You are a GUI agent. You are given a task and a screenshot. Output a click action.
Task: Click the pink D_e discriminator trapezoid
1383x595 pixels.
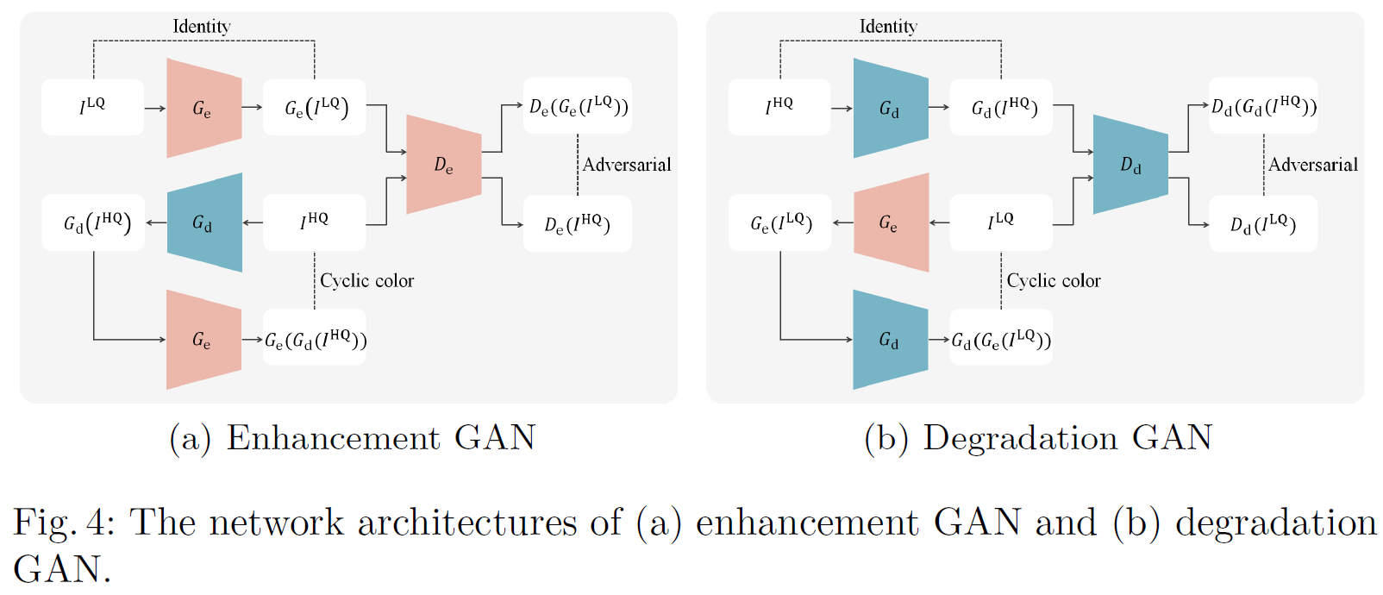(x=443, y=164)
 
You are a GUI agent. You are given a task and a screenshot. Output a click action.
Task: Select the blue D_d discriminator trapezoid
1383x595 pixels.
(x=1130, y=164)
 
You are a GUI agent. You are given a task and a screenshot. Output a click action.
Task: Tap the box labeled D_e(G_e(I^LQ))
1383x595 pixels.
(x=578, y=106)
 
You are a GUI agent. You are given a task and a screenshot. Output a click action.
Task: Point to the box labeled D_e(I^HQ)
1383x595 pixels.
(x=578, y=224)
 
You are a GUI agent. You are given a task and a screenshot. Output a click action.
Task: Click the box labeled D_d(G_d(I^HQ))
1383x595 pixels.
(x=1263, y=106)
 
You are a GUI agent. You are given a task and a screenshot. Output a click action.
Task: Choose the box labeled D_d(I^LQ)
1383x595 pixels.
(x=1263, y=224)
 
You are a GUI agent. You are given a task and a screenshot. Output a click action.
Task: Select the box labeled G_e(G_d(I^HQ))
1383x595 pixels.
(x=315, y=339)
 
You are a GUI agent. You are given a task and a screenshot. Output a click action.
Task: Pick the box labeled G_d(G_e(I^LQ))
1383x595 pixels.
(x=1001, y=339)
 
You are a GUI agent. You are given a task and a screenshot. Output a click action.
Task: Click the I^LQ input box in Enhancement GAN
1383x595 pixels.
(x=92, y=107)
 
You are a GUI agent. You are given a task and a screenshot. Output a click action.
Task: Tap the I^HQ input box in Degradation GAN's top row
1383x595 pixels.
(x=779, y=107)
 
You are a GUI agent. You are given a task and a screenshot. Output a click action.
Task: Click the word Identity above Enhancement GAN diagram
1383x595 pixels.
(x=201, y=27)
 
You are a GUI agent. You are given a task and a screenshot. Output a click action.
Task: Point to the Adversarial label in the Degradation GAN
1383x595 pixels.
(x=1312, y=165)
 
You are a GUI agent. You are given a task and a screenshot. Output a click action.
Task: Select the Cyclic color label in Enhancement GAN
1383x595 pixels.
(x=366, y=280)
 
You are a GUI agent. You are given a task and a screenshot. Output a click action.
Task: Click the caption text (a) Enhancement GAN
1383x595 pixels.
(x=353, y=438)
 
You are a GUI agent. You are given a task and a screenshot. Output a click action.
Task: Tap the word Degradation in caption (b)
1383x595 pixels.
(x=1020, y=438)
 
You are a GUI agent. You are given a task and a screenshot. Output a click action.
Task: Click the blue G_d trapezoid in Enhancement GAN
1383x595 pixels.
(x=204, y=222)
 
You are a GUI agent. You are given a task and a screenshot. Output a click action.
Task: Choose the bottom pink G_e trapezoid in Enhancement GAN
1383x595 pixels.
(x=203, y=339)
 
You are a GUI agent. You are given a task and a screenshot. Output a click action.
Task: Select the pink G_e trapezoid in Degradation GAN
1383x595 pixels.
(x=891, y=222)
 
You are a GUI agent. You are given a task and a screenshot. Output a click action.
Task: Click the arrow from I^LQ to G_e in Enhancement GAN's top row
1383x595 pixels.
(x=155, y=108)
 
